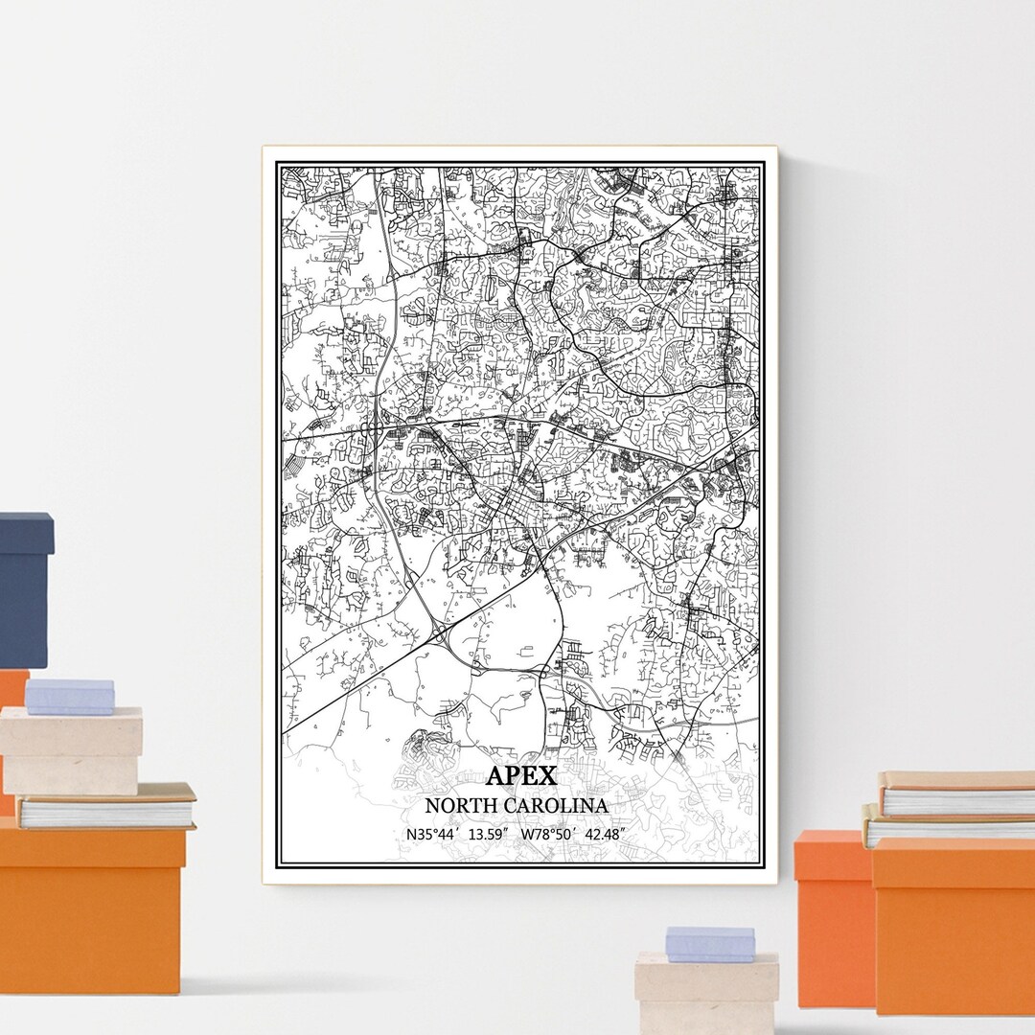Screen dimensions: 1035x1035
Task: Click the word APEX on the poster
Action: click(x=520, y=775)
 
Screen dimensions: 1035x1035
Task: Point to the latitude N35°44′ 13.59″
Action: click(x=458, y=834)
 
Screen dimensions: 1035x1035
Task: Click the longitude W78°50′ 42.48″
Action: click(x=573, y=834)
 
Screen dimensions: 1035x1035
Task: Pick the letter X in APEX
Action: click(x=545, y=775)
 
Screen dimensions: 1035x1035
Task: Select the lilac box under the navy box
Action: click(x=69, y=697)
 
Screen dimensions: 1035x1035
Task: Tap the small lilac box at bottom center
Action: click(x=710, y=944)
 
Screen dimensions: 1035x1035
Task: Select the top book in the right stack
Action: click(x=956, y=793)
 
